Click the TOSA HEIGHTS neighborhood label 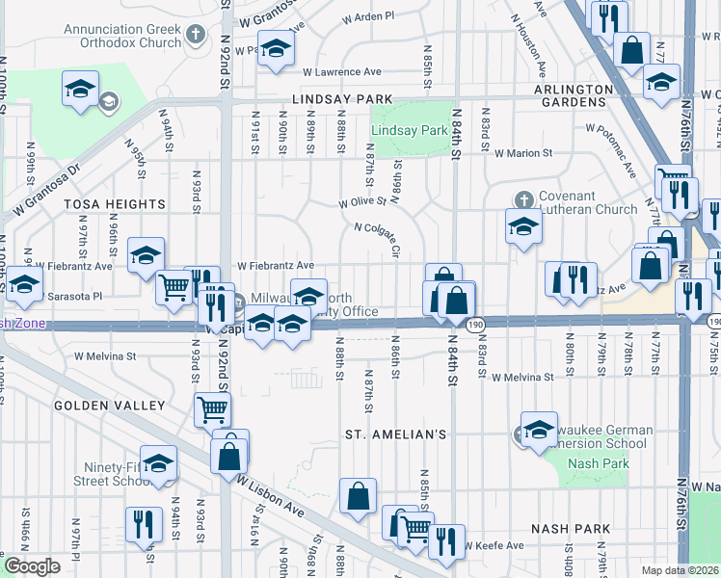115,205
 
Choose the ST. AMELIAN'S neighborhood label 395,435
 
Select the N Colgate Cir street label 377,240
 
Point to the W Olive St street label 361,202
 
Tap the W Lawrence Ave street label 341,72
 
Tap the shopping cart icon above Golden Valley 212,408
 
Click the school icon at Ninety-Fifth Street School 159,461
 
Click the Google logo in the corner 32,566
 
